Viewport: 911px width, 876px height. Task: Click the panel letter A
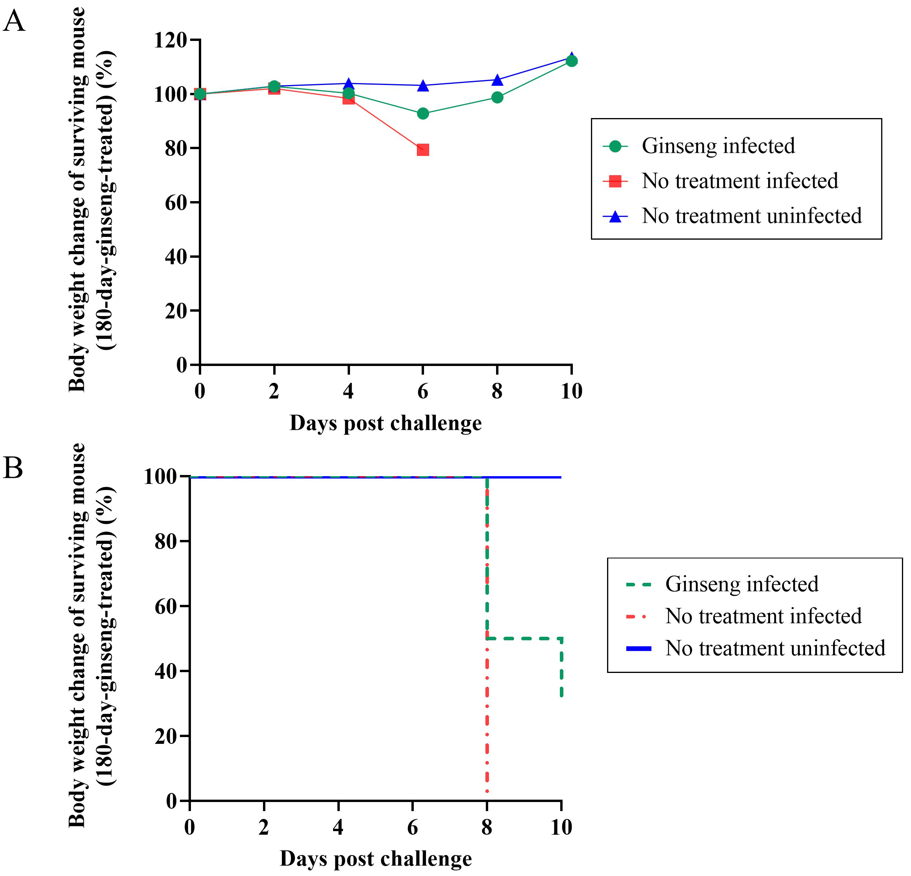(14, 21)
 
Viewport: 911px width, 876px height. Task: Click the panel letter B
(13, 468)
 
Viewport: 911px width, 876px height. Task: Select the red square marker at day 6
(422, 150)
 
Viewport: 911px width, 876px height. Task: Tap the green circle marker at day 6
(422, 113)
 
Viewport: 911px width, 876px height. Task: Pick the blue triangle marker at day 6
(422, 86)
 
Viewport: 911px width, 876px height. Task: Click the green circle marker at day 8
(497, 97)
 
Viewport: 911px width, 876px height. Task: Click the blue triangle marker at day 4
(348, 84)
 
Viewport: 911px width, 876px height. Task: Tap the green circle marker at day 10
(571, 61)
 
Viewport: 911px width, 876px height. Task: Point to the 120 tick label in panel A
(170, 41)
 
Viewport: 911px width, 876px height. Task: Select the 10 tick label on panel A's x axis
(571, 391)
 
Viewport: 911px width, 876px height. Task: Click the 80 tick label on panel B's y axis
(165, 541)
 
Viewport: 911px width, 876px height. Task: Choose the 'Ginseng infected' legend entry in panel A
(718, 146)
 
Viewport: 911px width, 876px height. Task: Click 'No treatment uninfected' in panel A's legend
(752, 216)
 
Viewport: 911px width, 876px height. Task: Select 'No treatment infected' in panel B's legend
(763, 616)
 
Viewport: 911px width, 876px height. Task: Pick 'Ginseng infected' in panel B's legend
(742, 584)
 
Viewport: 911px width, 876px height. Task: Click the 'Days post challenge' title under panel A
(385, 423)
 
